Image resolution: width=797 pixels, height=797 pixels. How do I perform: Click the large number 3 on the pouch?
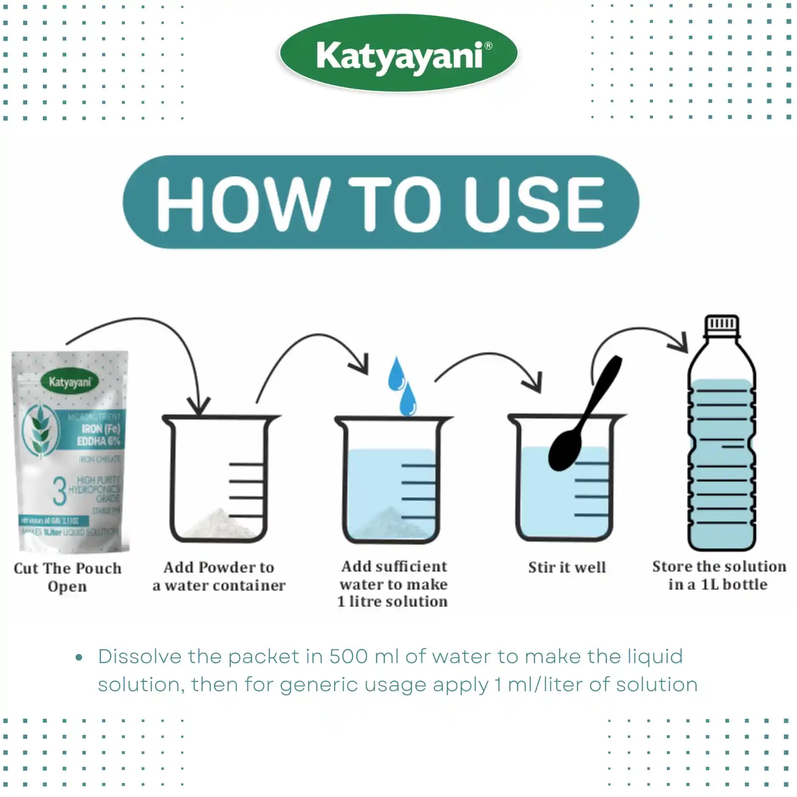click(60, 491)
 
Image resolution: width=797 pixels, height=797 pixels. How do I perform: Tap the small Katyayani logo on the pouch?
click(70, 382)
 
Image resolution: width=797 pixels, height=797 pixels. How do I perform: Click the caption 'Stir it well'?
click(567, 567)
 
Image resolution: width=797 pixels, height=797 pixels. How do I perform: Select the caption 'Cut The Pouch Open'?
click(67, 577)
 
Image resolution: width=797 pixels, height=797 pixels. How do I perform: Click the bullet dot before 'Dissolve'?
click(79, 658)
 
